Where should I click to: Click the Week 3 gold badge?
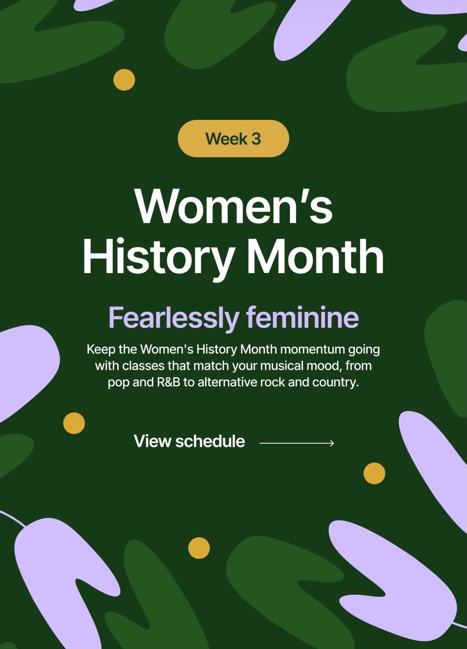pos(233,139)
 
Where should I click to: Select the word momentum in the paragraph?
pos(313,350)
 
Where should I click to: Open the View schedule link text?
pos(189,441)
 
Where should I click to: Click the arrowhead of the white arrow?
pos(332,443)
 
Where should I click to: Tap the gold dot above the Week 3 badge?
pos(124,80)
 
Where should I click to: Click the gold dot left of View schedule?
pos(74,423)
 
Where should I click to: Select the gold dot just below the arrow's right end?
pos(374,473)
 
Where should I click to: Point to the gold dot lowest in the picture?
pos(199,548)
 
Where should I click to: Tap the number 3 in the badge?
pos(256,139)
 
